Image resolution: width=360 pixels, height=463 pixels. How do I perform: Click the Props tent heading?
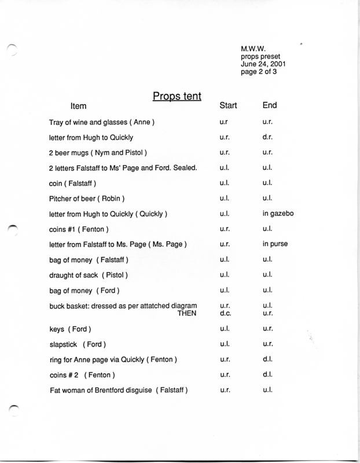click(177, 95)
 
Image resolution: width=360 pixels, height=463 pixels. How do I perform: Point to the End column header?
click(270, 106)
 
